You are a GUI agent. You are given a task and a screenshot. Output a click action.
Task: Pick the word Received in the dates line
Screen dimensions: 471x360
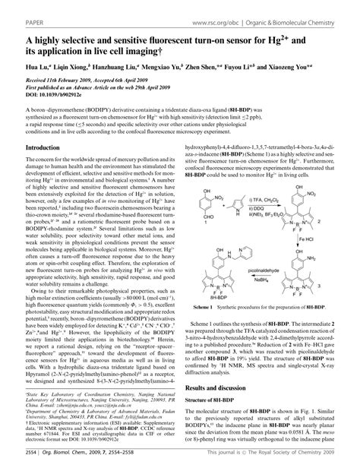point(18,80)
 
